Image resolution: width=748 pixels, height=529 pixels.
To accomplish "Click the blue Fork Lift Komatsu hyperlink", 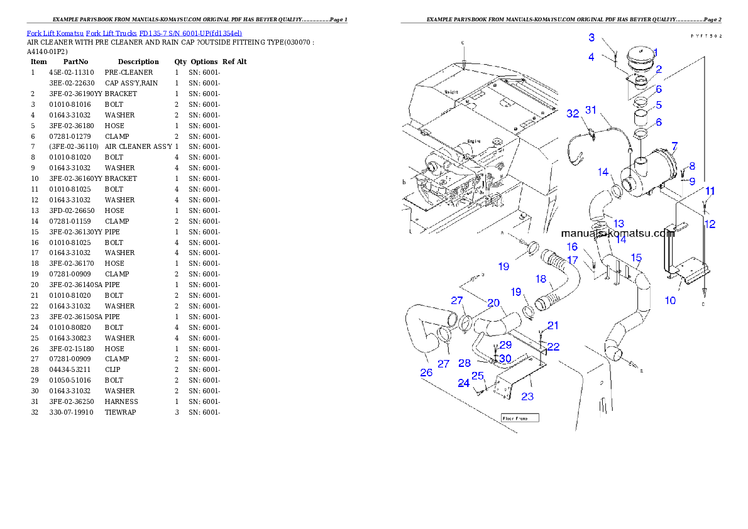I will [x=134, y=33].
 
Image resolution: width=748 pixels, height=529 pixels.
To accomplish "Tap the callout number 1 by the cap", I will [x=654, y=53].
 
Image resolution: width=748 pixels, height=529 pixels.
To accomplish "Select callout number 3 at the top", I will [x=591, y=38].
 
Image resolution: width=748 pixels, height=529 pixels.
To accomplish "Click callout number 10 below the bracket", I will [x=670, y=300].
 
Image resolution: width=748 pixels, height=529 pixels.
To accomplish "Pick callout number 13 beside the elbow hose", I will [x=619, y=224].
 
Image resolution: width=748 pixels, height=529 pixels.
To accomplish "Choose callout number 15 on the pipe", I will [x=636, y=258].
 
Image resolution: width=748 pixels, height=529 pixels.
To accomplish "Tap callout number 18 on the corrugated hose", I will [x=541, y=279].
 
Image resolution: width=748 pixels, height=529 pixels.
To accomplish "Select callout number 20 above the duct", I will [x=493, y=303].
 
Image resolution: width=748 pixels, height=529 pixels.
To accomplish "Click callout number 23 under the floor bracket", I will [x=527, y=396].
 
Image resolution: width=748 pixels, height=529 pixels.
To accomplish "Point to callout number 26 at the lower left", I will [x=426, y=373].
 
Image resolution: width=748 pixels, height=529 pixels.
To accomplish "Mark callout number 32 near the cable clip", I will [x=572, y=114].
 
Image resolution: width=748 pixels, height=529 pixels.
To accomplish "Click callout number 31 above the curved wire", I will [x=590, y=109].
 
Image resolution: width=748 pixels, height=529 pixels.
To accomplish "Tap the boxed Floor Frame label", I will [x=520, y=417].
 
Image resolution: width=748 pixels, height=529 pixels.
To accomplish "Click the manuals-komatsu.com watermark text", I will [x=617, y=232].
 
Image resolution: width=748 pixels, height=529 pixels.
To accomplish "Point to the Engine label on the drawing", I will [x=475, y=141].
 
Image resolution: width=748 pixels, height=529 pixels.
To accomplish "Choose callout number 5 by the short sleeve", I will [x=659, y=105].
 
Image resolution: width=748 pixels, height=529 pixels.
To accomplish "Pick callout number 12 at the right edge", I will [x=710, y=224].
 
